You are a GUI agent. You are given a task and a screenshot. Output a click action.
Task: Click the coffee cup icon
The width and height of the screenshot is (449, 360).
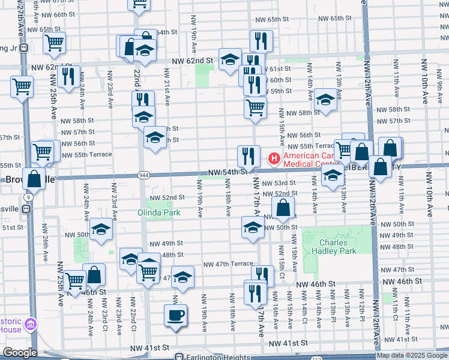coord(175,316)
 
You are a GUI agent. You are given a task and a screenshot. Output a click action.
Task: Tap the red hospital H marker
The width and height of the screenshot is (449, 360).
coord(274,159)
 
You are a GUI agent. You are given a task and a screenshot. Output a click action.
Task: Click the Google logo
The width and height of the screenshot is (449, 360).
coord(20,353)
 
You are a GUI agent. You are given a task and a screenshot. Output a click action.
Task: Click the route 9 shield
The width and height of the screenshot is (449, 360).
coord(28,196)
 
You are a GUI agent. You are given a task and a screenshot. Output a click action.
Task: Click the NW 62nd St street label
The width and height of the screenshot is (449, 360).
coord(192,61)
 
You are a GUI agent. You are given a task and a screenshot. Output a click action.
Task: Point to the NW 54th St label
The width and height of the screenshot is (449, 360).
coord(228,172)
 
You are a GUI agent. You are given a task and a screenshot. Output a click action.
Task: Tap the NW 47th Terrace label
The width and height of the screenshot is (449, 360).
coord(228,264)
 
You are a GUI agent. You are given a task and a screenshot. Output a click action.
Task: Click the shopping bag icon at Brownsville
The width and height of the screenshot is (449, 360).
coord(34,178)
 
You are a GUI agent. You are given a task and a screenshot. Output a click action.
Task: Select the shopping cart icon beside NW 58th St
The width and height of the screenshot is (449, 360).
coord(255,107)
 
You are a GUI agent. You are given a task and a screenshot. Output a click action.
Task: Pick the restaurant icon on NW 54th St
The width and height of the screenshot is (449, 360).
coord(249,156)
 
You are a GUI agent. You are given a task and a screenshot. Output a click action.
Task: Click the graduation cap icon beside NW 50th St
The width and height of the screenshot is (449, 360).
coord(253,227)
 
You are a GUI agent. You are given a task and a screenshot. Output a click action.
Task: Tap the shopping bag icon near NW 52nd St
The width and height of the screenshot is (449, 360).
coord(283,208)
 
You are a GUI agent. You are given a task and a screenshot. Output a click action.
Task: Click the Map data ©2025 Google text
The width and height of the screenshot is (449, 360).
coord(412,356)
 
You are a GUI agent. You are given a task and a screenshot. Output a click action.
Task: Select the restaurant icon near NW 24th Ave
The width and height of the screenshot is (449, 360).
coord(68,76)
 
